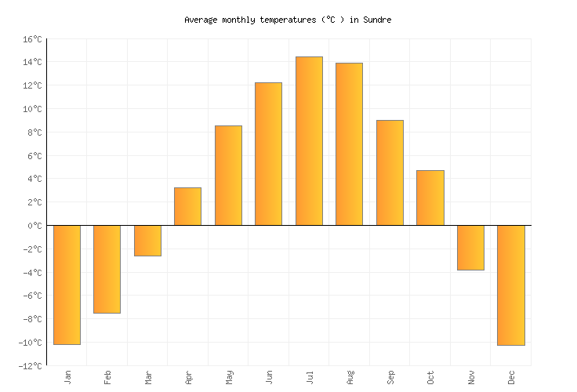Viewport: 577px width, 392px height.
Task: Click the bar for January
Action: click(67, 285)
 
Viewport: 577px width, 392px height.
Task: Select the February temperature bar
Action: click(107, 269)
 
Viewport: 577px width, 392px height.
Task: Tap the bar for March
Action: click(147, 241)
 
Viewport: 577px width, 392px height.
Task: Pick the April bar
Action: click(187, 206)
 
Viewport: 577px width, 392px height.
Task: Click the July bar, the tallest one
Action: click(309, 141)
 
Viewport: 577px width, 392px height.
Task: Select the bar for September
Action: click(390, 172)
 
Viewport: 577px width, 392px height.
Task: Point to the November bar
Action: click(470, 248)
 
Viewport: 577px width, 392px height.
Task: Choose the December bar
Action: click(510, 285)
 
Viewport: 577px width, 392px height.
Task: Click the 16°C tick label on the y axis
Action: click(32, 38)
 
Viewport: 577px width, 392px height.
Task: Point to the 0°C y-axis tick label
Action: click(34, 226)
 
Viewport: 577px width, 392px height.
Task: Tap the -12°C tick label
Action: click(31, 366)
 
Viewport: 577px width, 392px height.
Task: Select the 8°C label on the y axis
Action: click(34, 132)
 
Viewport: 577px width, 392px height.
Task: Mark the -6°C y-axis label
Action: click(32, 296)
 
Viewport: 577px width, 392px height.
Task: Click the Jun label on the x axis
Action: click(269, 377)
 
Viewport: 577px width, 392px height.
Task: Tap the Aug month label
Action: click(350, 377)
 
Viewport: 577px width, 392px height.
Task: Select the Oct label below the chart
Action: click(430, 377)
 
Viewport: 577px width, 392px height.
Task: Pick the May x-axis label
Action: click(229, 377)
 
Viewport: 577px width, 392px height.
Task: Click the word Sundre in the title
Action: click(376, 20)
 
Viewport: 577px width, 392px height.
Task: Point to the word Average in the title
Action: click(201, 20)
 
